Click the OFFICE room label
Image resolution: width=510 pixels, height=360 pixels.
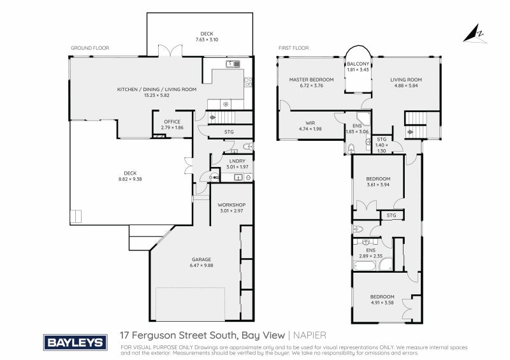click(172, 121)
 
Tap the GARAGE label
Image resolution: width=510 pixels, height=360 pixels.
click(201, 259)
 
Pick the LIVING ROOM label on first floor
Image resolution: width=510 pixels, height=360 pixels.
click(406, 80)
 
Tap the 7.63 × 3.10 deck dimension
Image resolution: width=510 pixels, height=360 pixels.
click(207, 40)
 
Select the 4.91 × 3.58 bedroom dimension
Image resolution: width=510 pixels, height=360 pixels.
click(382, 303)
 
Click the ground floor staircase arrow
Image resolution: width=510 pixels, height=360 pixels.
click(212, 117)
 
